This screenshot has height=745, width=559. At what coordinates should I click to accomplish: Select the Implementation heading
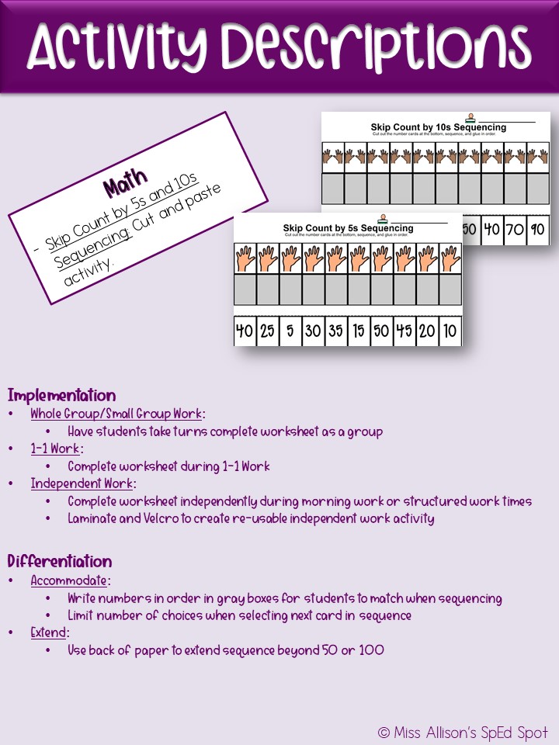tap(61, 395)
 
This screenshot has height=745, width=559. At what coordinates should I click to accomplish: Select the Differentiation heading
tap(60, 561)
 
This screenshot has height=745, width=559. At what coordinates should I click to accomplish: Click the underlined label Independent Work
tap(83, 483)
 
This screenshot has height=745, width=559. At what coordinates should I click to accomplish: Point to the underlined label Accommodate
tap(71, 580)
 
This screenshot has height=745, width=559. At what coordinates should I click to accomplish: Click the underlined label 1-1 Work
tap(57, 449)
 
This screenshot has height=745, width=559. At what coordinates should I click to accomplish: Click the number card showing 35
tap(336, 331)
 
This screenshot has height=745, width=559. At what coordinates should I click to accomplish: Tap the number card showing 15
tap(359, 331)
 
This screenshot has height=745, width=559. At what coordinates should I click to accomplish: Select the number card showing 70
tap(514, 230)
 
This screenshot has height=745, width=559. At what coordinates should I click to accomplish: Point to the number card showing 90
tap(537, 230)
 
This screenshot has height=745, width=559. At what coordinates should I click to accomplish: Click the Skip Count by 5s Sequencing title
tap(348, 228)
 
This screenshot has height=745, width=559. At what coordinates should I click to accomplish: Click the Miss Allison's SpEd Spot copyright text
tap(463, 732)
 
